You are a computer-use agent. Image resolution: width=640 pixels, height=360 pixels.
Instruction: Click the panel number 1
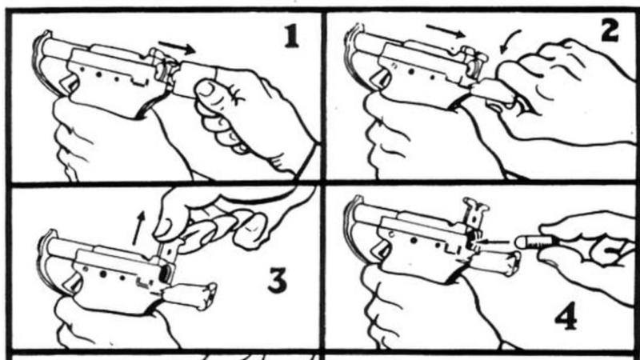pos(290,38)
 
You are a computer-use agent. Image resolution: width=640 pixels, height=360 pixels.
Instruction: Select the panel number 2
pos(610,31)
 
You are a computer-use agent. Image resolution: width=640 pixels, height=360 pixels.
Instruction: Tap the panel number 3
pos(277,281)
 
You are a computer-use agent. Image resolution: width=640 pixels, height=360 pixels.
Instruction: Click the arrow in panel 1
pos(177,47)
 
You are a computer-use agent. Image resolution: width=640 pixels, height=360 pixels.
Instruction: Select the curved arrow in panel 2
pos(510,41)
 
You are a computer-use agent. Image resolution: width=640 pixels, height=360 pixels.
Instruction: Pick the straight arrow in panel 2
pos(446,30)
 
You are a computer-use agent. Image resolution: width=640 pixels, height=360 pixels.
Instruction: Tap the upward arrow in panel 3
pos(138,228)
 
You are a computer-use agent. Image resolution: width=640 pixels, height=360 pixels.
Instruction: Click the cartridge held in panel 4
pos(534,242)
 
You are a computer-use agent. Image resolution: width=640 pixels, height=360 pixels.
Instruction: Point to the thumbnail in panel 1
pos(206,90)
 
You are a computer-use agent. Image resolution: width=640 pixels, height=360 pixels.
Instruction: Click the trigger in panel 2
pos(381,78)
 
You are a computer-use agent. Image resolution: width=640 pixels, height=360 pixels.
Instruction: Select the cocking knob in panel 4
pos(514,262)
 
